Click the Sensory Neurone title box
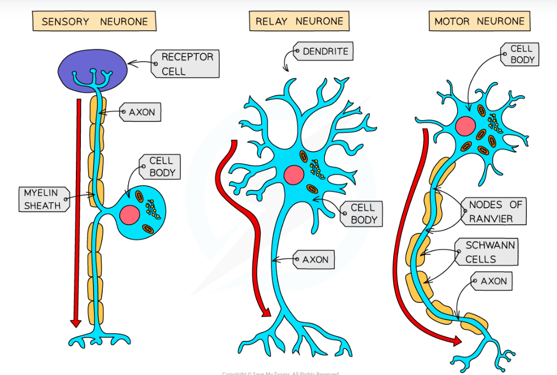tap(95, 22)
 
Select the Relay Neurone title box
tap(299, 21)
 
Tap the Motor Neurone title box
tap(479, 21)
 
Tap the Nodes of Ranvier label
tap(494, 211)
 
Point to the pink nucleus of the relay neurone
tap(294, 175)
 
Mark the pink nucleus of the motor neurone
tap(465, 126)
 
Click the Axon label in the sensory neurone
tap(141, 112)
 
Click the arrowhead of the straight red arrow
tap(76, 323)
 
